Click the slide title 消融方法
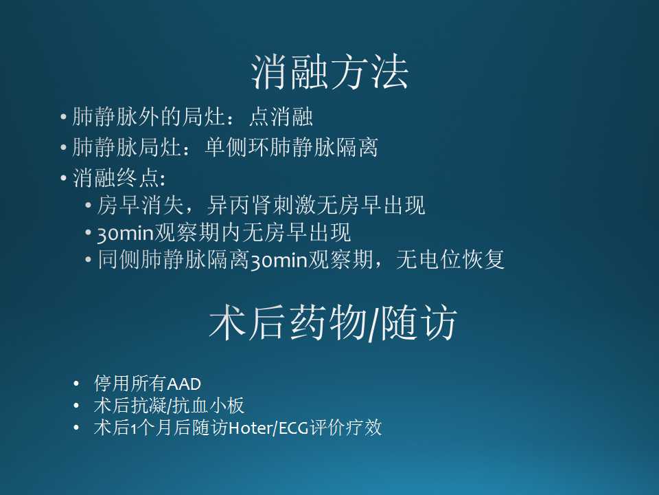(x=329, y=74)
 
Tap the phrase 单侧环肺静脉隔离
(x=291, y=148)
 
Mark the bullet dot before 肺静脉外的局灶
(x=63, y=118)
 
